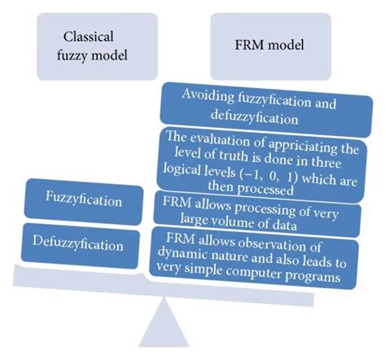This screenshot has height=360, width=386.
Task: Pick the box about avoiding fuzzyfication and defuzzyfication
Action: (x=258, y=106)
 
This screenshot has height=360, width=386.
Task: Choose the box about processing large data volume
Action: (x=258, y=209)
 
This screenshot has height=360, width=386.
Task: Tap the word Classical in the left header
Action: (x=90, y=35)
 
